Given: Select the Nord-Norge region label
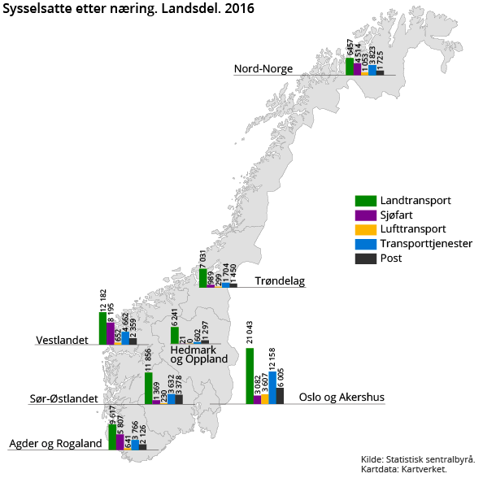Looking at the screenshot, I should click(x=263, y=69).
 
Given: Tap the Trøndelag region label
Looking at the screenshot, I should click(x=280, y=281).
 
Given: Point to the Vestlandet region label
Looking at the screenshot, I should click(x=62, y=340).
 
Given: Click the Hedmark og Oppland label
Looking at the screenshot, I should click(x=198, y=354).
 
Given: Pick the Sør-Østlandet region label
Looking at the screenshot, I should click(x=59, y=399).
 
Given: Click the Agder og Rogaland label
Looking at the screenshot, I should click(x=55, y=444).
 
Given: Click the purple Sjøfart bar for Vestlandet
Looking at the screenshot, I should click(x=111, y=333).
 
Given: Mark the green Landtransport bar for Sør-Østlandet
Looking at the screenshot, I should click(x=149, y=389).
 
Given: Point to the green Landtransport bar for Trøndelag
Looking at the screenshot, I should click(x=203, y=278).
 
